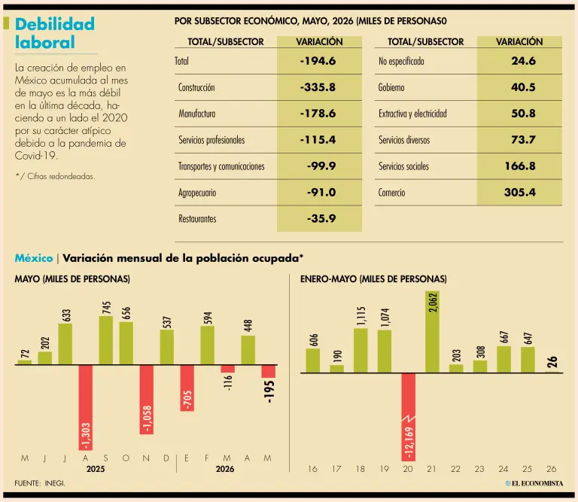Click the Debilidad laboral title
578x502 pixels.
click(54, 33)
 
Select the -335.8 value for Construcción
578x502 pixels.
click(318, 87)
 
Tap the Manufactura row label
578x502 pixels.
click(197, 114)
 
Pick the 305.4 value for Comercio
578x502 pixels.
click(520, 193)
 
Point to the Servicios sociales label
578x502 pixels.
click(403, 166)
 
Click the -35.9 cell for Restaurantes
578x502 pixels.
click(321, 218)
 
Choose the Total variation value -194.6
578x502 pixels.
click(318, 61)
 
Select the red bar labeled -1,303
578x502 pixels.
click(86, 408)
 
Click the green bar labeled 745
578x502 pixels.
click(106, 340)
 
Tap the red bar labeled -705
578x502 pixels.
click(187, 388)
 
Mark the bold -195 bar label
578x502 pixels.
click(269, 392)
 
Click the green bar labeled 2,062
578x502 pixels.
click(433, 332)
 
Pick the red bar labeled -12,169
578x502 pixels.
click(409, 417)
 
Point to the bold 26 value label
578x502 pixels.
click(552, 361)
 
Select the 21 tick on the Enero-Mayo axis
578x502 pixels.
click(432, 469)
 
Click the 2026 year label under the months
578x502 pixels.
click(225, 469)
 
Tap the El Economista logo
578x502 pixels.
click(534, 483)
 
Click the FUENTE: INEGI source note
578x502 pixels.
click(40, 483)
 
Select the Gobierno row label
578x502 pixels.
click(391, 87)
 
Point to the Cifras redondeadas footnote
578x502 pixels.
click(55, 176)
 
